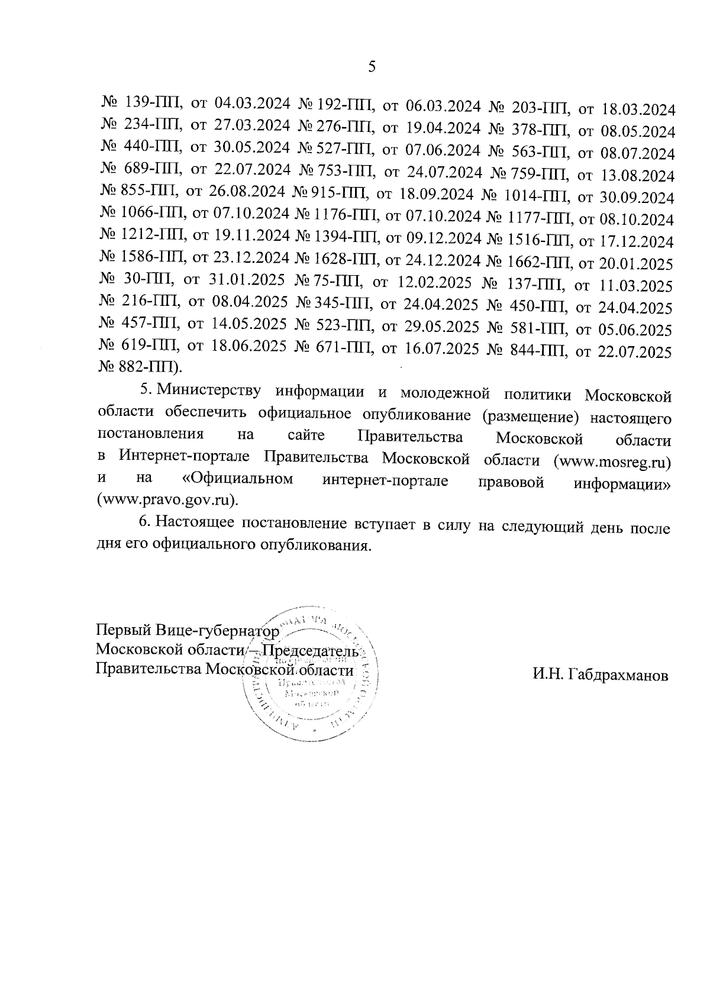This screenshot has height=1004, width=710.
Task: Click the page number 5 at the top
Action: tap(372, 67)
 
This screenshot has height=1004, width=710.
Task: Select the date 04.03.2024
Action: tap(252, 105)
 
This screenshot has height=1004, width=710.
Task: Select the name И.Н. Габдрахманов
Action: tap(600, 676)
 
